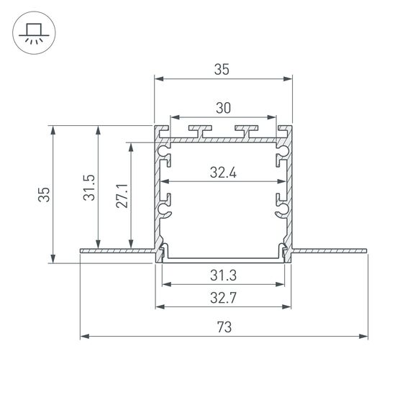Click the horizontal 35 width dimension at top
(x=222, y=70)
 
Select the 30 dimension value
(x=223, y=108)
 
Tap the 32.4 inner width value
(x=223, y=173)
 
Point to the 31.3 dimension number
(x=223, y=275)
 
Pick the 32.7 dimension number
(x=223, y=298)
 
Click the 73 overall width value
(x=224, y=327)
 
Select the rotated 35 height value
(x=45, y=195)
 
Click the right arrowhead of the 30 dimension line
(x=273, y=116)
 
